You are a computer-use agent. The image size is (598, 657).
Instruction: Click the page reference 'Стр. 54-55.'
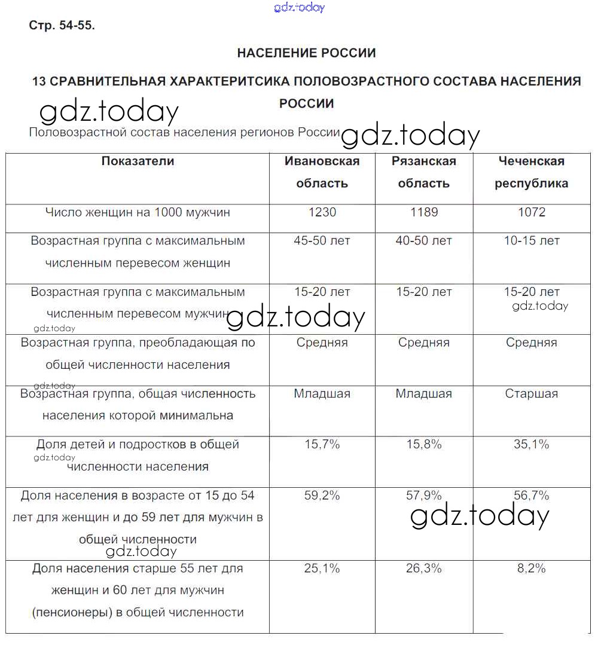coord(62,25)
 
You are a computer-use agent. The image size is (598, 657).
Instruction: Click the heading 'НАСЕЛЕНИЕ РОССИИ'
coord(306,53)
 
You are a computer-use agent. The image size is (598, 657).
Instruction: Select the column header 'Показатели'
coord(138,161)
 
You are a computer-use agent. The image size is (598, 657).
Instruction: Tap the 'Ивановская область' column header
coord(322,172)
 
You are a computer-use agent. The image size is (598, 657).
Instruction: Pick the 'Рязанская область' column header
coord(423,172)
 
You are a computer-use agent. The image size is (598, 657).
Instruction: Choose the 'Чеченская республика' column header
coord(531,172)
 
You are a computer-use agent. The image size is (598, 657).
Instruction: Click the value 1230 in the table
coord(322,212)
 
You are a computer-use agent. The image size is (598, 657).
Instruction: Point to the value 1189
coord(423,212)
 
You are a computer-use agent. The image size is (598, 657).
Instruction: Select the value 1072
coord(531,212)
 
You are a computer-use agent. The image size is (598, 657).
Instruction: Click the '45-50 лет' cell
coord(322,241)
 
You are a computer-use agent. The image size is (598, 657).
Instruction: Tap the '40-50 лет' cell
coord(423,241)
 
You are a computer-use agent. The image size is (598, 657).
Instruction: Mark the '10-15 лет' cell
coord(531,241)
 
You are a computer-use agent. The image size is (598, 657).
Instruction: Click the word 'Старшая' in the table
coord(531,393)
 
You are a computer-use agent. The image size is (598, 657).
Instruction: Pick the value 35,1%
coord(531,444)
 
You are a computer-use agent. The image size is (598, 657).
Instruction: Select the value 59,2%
coord(322,496)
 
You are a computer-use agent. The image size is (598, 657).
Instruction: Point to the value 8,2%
coord(531,569)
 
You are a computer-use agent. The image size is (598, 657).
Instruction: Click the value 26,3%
coord(423,569)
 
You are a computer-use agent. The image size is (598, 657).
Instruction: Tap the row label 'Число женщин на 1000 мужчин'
coord(138,212)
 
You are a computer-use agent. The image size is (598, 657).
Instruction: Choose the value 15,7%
coord(322,444)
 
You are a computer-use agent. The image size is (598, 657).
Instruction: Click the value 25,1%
coord(322,569)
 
